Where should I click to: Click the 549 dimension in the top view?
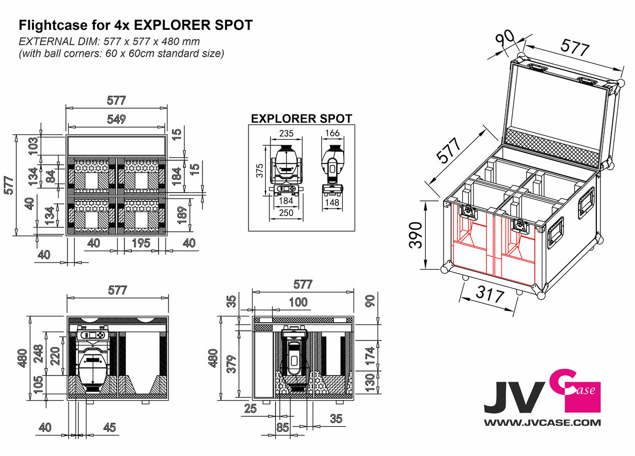[x=116, y=119]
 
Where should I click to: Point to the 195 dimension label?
[x=141, y=243]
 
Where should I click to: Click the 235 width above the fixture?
[x=286, y=133]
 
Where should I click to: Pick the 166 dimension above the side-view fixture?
[x=333, y=133]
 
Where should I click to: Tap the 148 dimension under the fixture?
[x=333, y=202]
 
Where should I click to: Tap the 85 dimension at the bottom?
[x=282, y=427]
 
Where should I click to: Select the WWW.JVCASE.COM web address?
[x=542, y=422]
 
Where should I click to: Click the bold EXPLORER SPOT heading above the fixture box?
[x=301, y=119]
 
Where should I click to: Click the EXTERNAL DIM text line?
[x=109, y=41]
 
